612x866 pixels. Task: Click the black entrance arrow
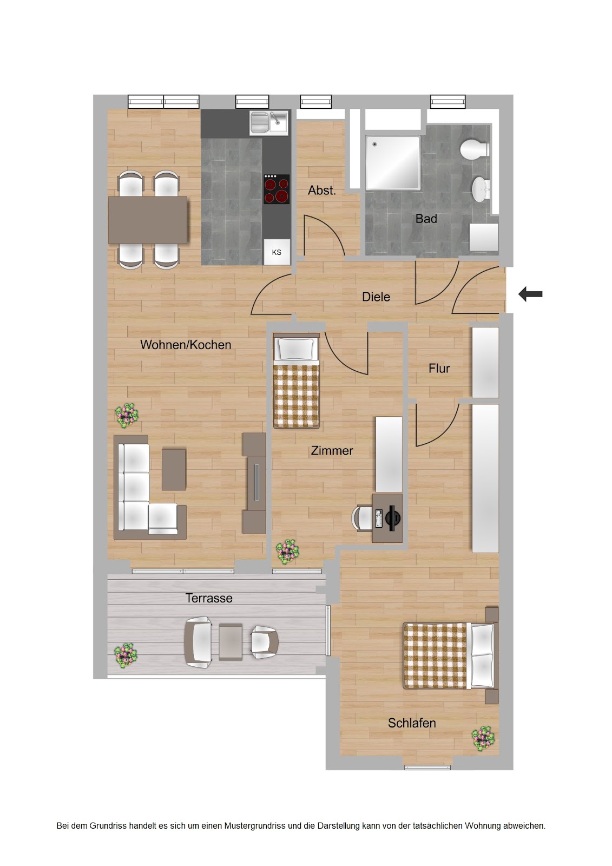530,294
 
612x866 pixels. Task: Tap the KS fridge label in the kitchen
277,252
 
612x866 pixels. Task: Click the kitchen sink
269,122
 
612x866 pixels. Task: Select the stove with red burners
277,189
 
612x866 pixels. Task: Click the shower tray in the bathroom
393,162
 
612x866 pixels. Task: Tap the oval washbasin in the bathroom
480,189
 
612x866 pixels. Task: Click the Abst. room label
321,190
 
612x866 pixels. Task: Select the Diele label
376,297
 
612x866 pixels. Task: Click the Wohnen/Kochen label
186,344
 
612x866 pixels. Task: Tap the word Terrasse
209,598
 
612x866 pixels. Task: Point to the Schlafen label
412,723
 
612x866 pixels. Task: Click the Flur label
439,369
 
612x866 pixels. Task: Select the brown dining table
148,220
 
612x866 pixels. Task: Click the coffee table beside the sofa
174,469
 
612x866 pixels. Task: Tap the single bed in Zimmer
297,381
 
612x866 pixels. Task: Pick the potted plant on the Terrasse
126,655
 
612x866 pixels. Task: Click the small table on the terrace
231,642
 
